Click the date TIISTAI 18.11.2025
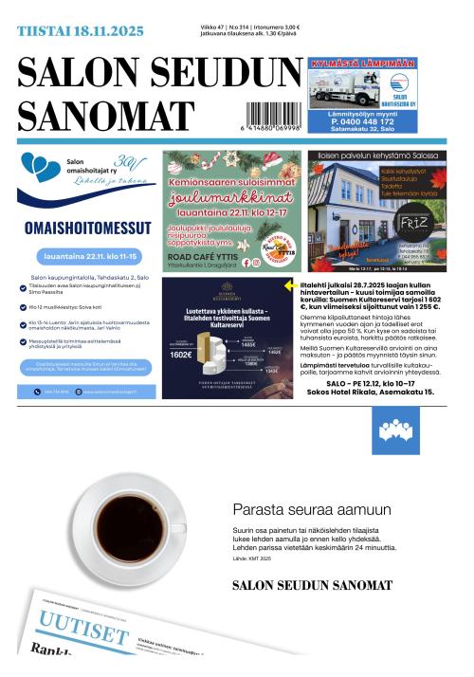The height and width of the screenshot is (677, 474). coord(81,31)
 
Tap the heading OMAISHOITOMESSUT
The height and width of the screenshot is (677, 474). coord(87,228)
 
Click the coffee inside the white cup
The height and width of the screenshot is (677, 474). coord(127,519)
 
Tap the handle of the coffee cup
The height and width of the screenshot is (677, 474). coord(178,527)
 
